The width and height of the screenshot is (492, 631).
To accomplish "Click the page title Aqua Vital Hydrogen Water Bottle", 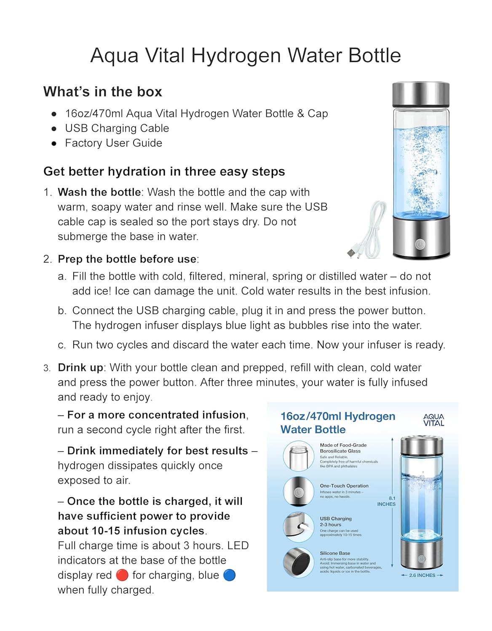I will pyautogui.click(x=246, y=56).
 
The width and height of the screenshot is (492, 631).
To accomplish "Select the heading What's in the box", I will pyautogui.click(x=102, y=92).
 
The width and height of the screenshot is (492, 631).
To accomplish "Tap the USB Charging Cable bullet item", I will pyautogui.click(x=117, y=128).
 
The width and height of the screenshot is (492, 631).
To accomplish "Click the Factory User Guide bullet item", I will pyautogui.click(x=113, y=143).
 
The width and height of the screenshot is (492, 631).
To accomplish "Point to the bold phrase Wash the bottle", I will pyautogui.click(x=99, y=192).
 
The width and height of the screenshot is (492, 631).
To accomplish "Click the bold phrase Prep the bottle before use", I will pyautogui.click(x=127, y=259).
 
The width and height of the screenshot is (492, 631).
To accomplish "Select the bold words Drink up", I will pyautogui.click(x=80, y=368).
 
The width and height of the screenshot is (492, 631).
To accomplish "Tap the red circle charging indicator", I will pyautogui.click(x=122, y=575).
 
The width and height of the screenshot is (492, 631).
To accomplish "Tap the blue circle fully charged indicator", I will pyautogui.click(x=229, y=575).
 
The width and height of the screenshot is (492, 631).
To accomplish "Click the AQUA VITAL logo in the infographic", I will pyautogui.click(x=433, y=420).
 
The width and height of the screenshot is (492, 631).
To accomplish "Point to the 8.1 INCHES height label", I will pyautogui.click(x=386, y=501).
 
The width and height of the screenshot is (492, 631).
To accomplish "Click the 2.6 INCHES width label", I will pyautogui.click(x=422, y=575).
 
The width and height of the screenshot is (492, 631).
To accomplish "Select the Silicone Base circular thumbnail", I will pyautogui.click(x=298, y=562).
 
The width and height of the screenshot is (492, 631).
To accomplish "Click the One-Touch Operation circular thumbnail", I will pyautogui.click(x=298, y=491).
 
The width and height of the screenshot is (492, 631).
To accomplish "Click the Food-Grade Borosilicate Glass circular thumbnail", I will pyautogui.click(x=298, y=456).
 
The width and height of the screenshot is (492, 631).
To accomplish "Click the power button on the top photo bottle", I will pyautogui.click(x=420, y=244).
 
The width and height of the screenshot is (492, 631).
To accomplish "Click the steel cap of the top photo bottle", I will pyautogui.click(x=421, y=94).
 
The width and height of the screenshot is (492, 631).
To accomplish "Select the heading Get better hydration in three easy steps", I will pyautogui.click(x=164, y=172).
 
